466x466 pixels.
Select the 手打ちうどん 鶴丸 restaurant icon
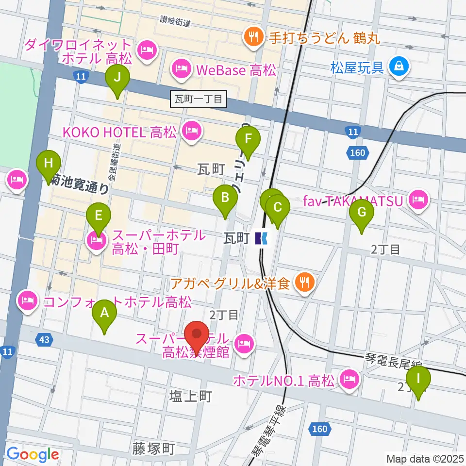pos(253,36)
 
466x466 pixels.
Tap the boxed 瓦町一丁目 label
pos(199,100)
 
